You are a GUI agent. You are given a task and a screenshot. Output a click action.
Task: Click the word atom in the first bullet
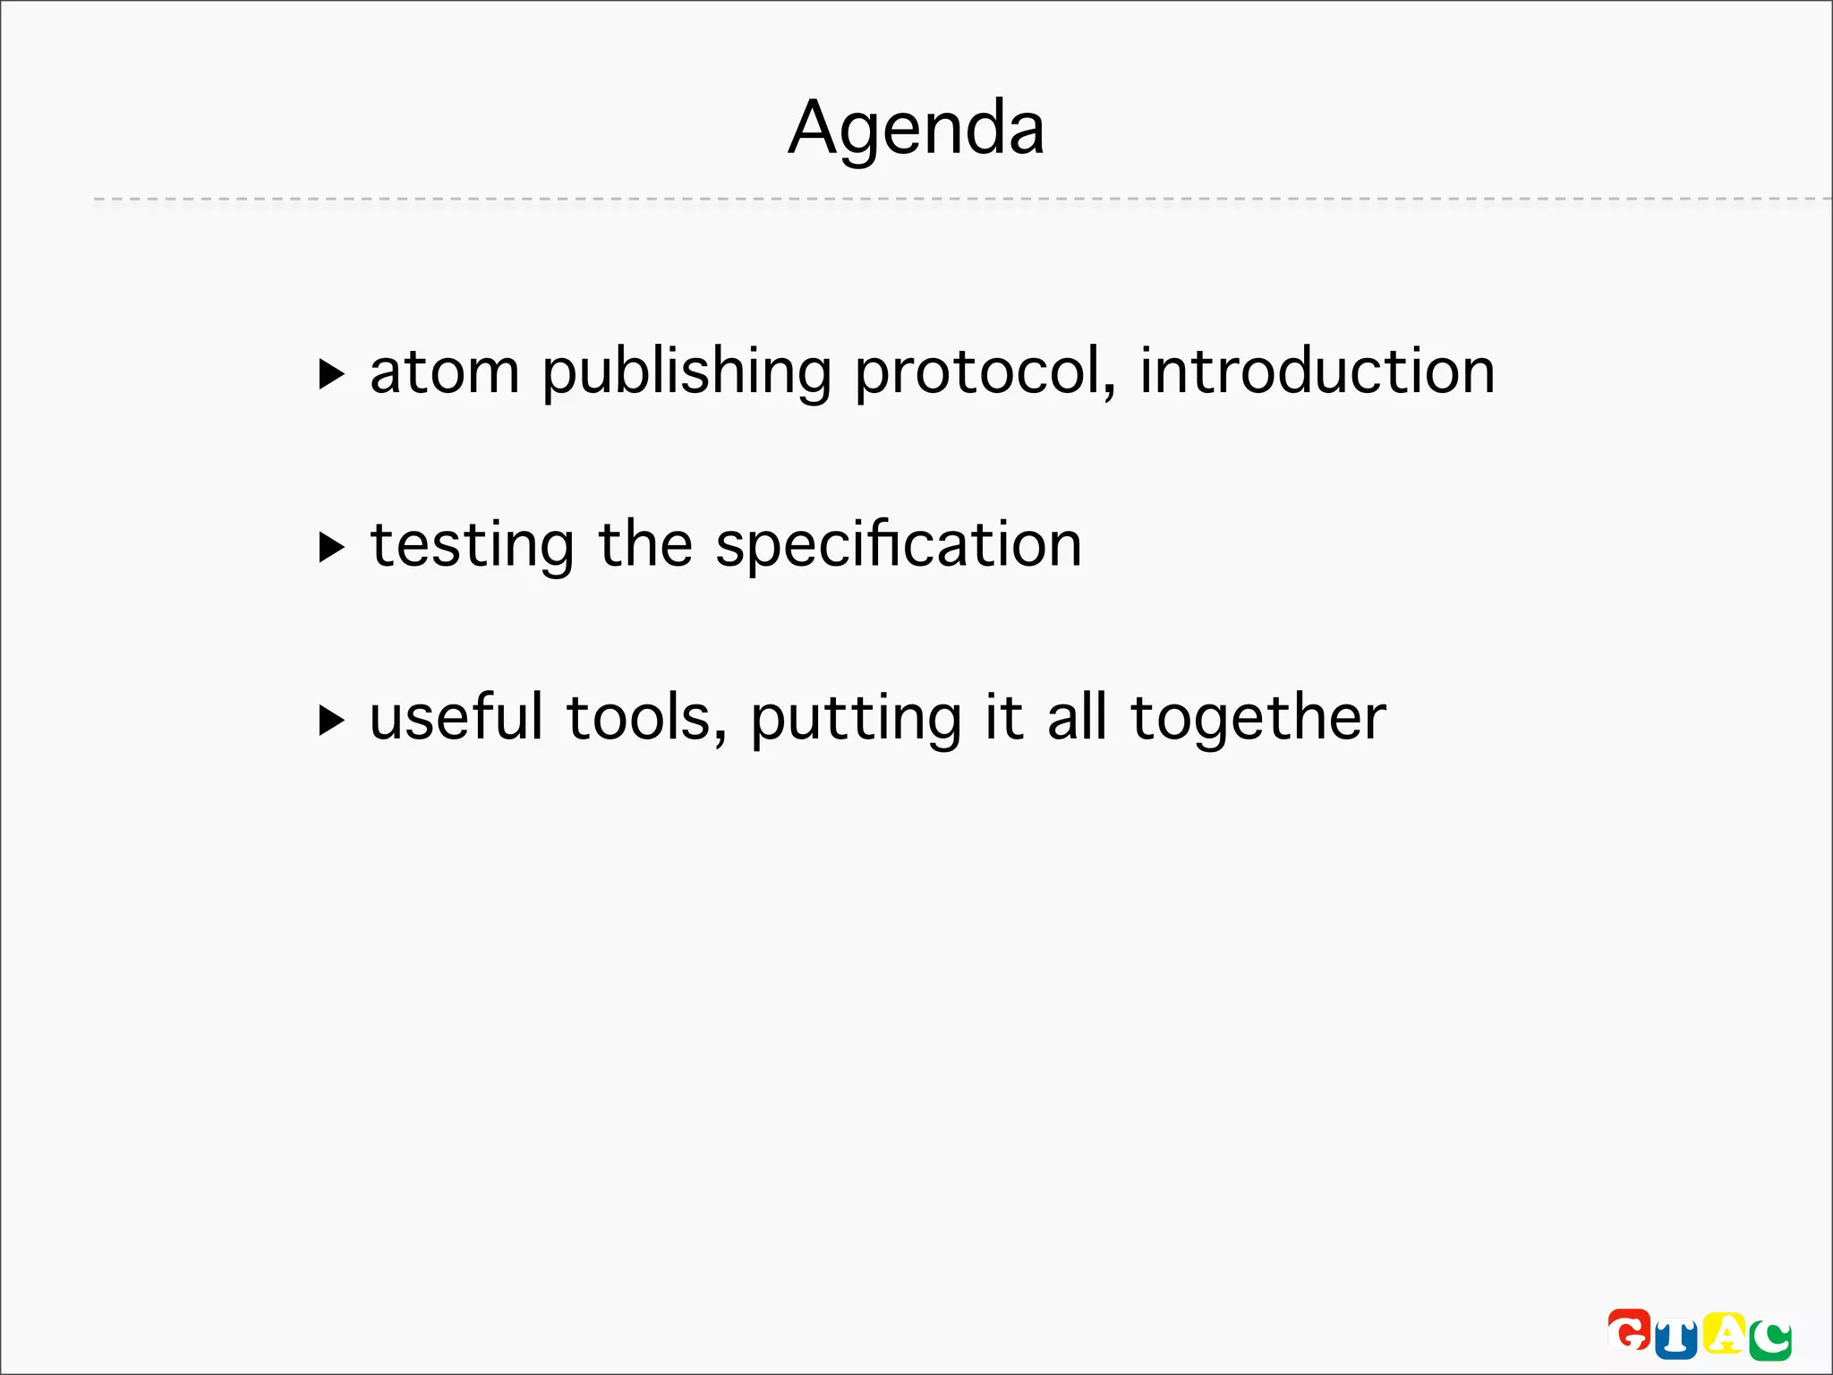[445, 372]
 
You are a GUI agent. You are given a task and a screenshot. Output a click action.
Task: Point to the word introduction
[1317, 372]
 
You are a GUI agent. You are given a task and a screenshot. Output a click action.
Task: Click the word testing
[472, 546]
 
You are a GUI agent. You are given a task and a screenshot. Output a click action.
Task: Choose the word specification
[899, 546]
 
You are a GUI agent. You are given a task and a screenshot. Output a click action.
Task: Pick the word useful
[456, 718]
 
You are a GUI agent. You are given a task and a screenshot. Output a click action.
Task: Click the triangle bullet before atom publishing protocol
[331, 374]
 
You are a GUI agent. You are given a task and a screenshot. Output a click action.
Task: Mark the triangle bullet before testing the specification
[331, 547]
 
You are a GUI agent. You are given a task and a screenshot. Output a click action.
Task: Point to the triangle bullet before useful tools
[331, 720]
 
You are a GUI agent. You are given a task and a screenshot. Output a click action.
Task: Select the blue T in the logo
[1675, 1339]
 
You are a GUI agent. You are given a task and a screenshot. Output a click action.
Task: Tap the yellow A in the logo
[1724, 1333]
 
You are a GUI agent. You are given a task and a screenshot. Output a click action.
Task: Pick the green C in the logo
[1770, 1340]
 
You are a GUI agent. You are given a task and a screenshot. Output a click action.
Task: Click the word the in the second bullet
[645, 544]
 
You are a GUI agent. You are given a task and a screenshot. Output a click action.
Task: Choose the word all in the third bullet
[1077, 718]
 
